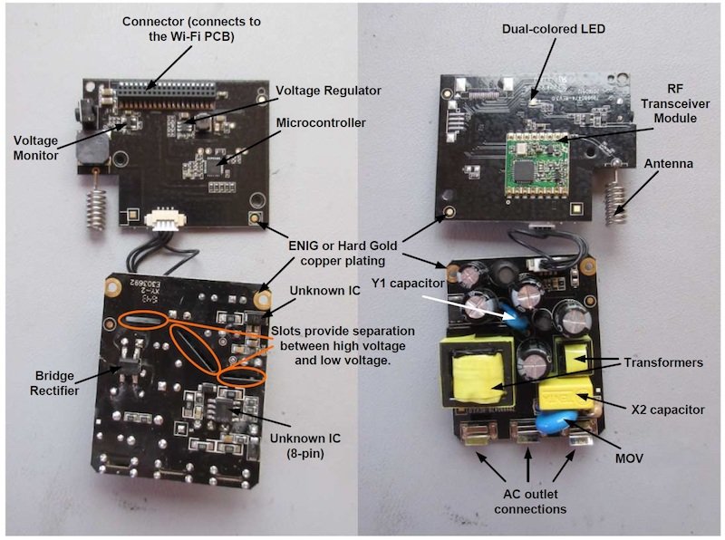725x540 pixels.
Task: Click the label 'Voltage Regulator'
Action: pos(328,91)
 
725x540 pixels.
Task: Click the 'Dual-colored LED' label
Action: pos(554,29)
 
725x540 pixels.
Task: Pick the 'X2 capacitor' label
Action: pos(665,410)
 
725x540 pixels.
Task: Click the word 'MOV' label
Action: pos(628,458)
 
